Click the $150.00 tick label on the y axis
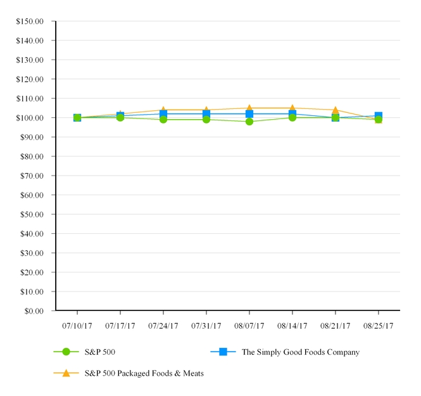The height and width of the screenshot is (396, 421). [30, 21]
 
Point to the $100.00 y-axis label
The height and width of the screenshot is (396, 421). [30, 118]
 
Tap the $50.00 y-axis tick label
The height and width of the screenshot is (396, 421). [32, 214]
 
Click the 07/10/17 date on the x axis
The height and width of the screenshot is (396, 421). [77, 326]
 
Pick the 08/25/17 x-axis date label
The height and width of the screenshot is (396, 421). [378, 326]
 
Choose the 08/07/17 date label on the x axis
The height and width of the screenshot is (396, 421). [249, 326]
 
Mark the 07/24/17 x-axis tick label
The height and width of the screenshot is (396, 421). [163, 326]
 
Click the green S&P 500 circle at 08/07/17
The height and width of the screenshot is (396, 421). [249, 122]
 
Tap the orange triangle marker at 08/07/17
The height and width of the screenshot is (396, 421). [249, 108]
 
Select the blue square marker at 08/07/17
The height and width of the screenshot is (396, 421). [249, 114]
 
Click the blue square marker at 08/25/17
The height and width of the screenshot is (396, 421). [379, 116]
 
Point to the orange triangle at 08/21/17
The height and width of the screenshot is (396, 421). [336, 110]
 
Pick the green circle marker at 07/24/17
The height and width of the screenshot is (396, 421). [163, 120]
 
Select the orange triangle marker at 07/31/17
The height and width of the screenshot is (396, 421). [206, 110]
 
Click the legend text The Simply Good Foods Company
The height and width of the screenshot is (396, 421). [300, 352]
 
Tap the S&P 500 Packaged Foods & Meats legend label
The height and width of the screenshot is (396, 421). [144, 373]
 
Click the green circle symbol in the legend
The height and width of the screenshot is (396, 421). [66, 352]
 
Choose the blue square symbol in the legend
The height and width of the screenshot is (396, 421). [223, 352]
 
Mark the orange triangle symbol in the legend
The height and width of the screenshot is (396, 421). [66, 373]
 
